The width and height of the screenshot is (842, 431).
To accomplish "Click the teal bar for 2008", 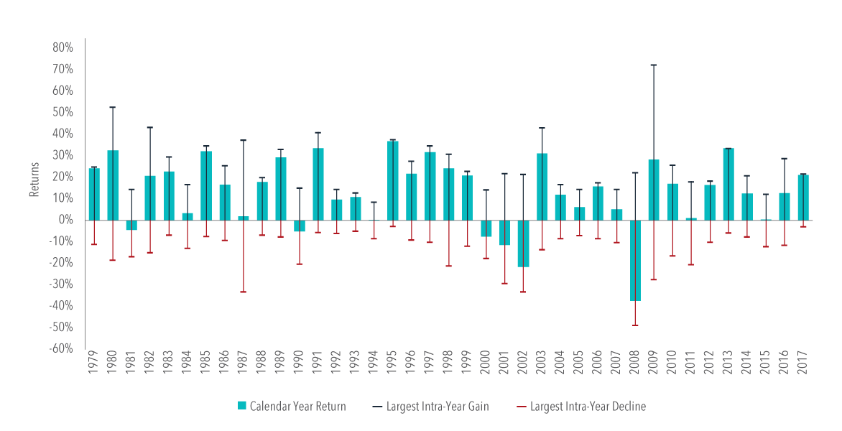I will [x=635, y=260].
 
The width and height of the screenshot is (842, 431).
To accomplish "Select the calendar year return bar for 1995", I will [x=393, y=180].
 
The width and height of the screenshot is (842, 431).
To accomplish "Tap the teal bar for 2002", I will [x=524, y=244].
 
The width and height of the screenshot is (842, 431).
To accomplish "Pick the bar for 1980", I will [x=113, y=185].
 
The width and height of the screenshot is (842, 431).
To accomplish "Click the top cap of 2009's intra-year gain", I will [x=654, y=65].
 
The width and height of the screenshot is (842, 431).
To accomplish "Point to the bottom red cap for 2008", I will [x=635, y=325].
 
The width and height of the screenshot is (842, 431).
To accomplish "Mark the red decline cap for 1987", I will [x=244, y=292].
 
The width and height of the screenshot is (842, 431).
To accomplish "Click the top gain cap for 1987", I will [x=244, y=140].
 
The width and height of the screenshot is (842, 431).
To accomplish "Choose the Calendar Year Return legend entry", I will [x=292, y=407].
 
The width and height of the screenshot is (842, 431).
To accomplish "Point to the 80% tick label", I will [x=63, y=47].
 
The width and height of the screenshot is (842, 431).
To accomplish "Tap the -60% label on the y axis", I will [x=62, y=349].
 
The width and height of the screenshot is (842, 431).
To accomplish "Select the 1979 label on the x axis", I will [x=94, y=368].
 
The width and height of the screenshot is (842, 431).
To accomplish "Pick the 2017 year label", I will [x=803, y=368].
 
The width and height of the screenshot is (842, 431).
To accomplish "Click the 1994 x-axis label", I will [x=374, y=368].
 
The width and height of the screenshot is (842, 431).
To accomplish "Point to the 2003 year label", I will [x=542, y=368].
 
